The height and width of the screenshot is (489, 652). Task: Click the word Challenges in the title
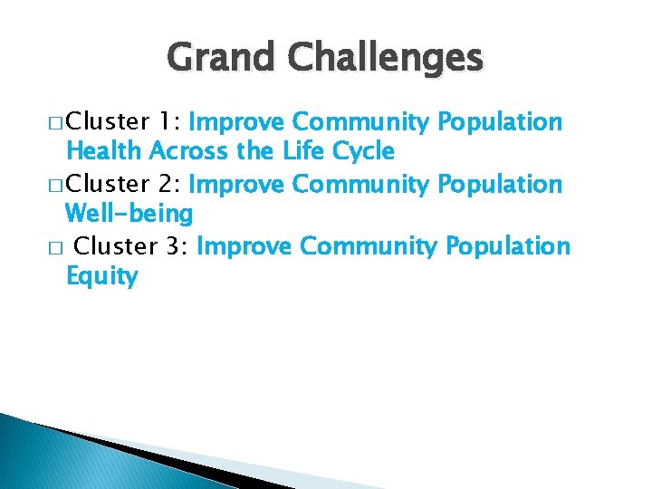tap(387, 59)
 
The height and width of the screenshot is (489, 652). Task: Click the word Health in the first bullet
tap(106, 151)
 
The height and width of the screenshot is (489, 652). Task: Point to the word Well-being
tap(129, 215)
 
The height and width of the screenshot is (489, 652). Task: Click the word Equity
tap(101, 277)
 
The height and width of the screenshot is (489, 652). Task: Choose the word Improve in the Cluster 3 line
tap(244, 246)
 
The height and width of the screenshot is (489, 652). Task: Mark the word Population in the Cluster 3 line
tap(507, 246)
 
